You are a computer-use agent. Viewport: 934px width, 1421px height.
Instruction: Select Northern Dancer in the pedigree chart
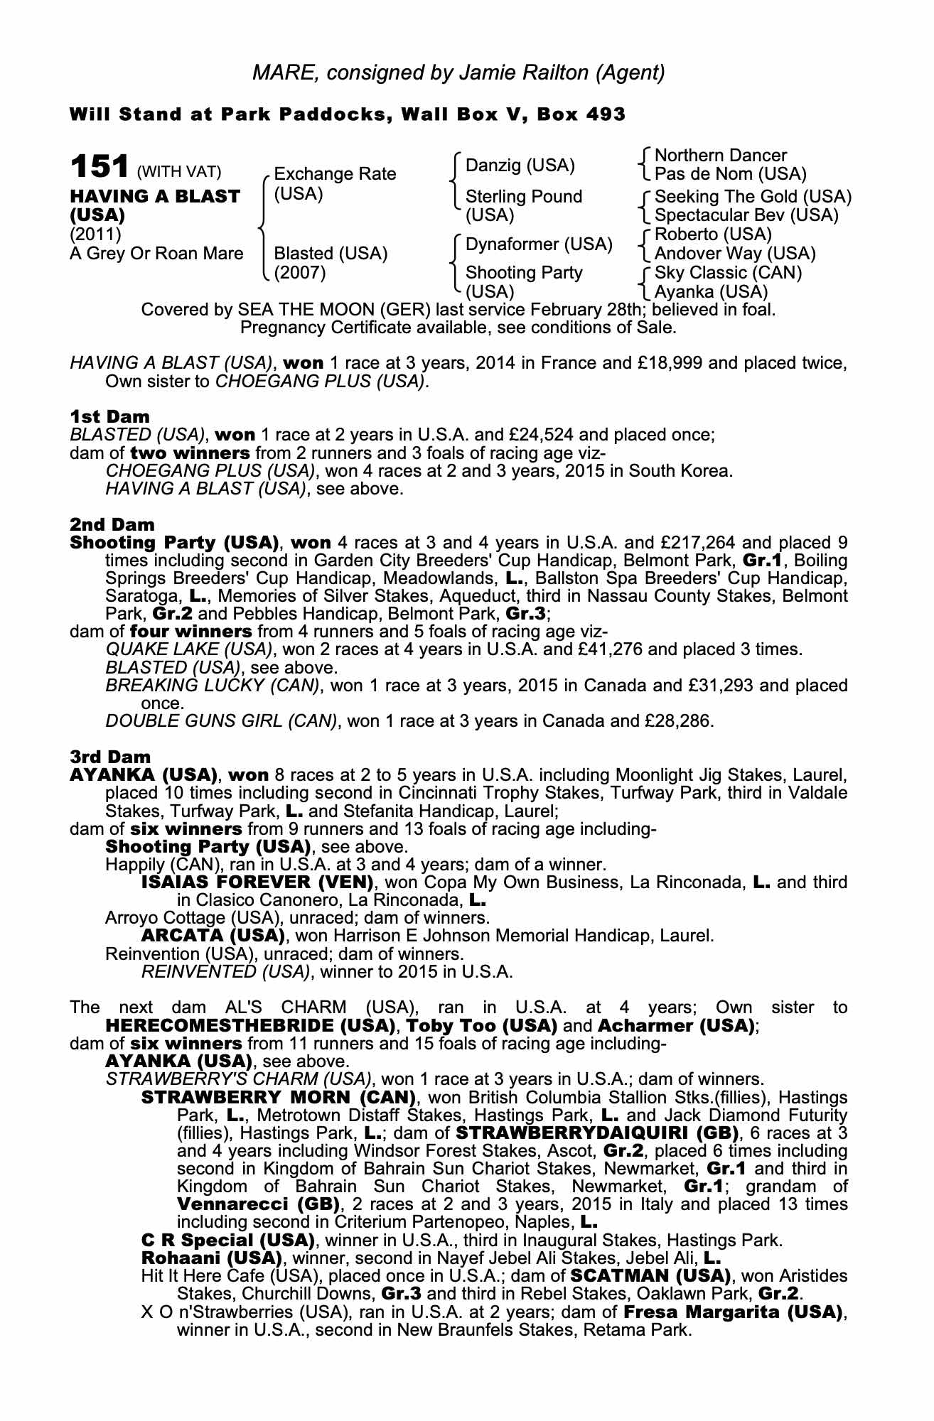point(720,156)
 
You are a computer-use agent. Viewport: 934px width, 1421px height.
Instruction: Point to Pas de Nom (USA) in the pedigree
point(730,174)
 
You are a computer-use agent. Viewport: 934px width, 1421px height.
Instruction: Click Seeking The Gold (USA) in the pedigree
point(753,197)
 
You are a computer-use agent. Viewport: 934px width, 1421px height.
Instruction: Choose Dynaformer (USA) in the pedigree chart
point(539,245)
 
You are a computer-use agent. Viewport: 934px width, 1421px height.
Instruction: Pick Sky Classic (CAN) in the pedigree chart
point(728,273)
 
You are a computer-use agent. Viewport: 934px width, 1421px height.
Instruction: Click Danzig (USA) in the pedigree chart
point(520,166)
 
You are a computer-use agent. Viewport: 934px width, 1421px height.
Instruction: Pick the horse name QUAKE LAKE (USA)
point(189,649)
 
